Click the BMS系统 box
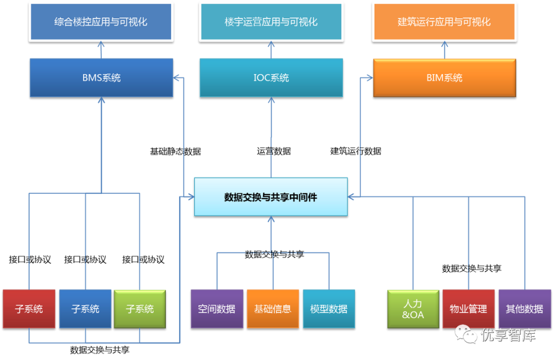[x=101, y=77]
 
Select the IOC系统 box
[x=271, y=77]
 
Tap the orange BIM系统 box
[x=444, y=77]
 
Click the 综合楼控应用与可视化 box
[x=101, y=22]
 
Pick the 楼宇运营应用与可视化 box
[x=271, y=22]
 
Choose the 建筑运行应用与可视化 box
[x=444, y=22]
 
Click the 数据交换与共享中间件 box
[x=271, y=196]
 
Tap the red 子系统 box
[x=29, y=309]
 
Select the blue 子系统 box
[x=85, y=309]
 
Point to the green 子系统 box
[x=140, y=309]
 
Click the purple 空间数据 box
[x=216, y=309]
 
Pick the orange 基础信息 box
[x=273, y=309]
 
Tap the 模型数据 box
[x=329, y=309]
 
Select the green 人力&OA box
[x=413, y=309]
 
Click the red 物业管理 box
[x=468, y=309]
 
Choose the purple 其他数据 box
[x=524, y=309]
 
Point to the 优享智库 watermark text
[x=508, y=335]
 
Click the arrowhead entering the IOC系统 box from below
[x=271, y=101]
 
